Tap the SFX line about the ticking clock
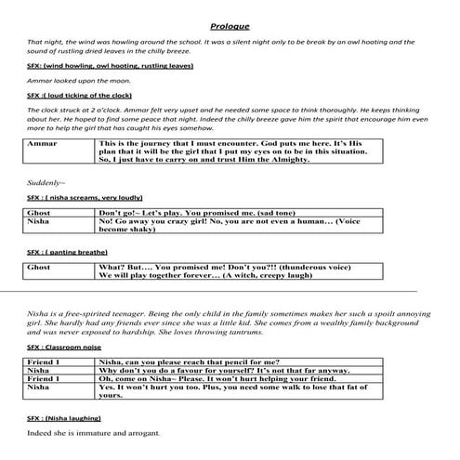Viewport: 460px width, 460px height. (x=77, y=96)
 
